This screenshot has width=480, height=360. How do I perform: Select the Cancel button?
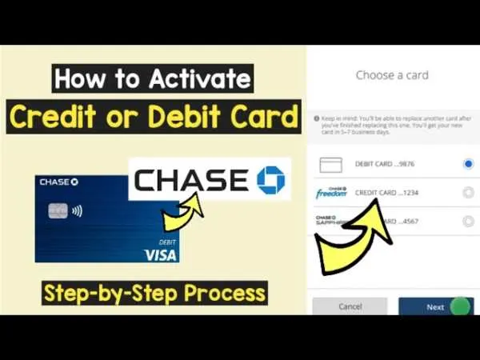(350, 306)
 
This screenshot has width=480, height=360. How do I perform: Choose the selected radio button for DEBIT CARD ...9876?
(468, 164)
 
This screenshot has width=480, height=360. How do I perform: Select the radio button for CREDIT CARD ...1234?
(468, 192)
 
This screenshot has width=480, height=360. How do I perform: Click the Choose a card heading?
(392, 75)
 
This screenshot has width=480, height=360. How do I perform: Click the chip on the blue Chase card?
(57, 212)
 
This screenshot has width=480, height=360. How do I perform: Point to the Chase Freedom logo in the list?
(330, 192)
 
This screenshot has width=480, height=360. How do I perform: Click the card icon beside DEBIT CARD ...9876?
(330, 165)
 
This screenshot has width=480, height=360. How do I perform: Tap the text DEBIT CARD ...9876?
(385, 164)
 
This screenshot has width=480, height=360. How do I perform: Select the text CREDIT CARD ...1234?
(387, 193)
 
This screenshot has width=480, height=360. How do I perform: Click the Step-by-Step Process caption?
(154, 292)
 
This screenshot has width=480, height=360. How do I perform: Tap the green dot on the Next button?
(459, 306)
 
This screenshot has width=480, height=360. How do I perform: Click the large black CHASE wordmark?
(190, 180)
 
